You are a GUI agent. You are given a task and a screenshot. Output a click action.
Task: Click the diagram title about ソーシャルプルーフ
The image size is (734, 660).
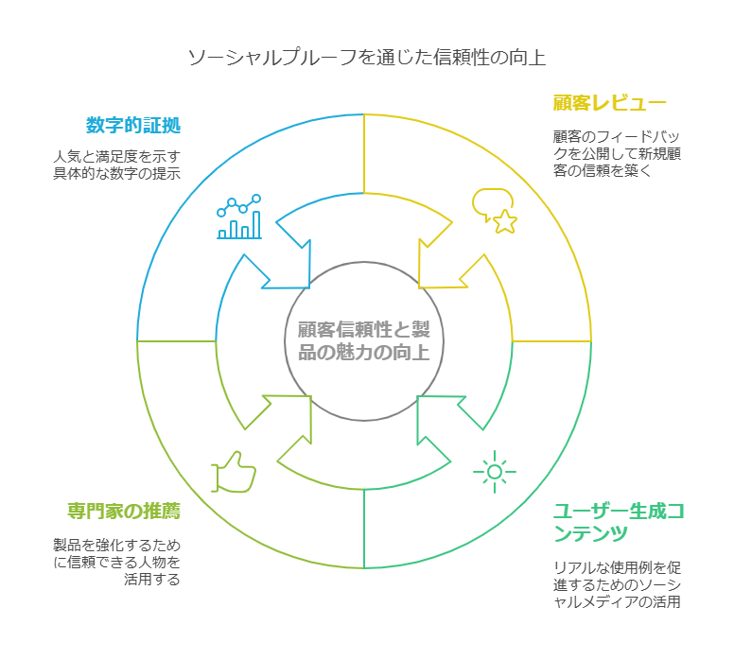tap(366, 58)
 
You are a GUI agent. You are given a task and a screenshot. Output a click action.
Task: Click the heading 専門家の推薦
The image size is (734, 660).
tap(124, 512)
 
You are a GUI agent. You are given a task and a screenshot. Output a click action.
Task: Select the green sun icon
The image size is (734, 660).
tap(493, 470)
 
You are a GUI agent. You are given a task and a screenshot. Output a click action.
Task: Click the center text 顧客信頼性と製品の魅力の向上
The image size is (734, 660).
tap(364, 340)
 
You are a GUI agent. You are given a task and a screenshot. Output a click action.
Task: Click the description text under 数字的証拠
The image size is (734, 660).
tap(116, 165)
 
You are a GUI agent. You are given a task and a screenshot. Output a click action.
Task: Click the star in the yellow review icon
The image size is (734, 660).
tap(505, 221)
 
